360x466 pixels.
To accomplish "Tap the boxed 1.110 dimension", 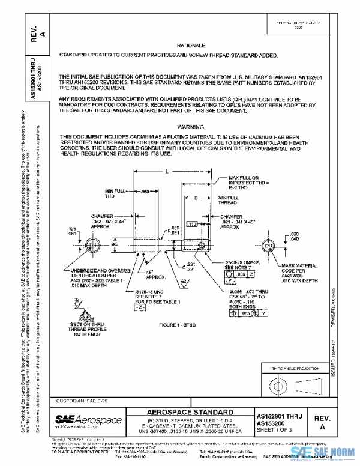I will (x=193, y=224).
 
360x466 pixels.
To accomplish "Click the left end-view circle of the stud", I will (x=94, y=246).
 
